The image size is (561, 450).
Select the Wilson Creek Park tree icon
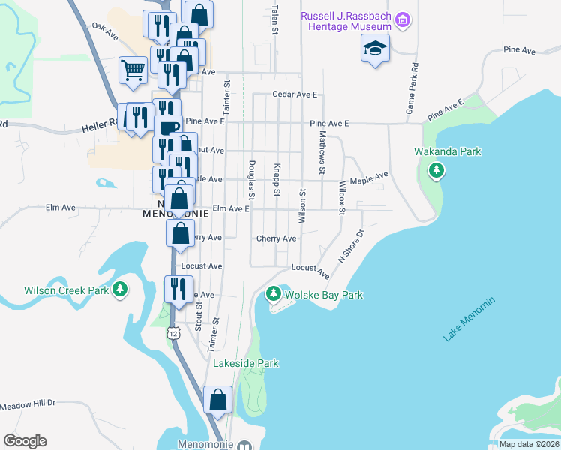click(119, 289)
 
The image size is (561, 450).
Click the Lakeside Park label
click(246, 363)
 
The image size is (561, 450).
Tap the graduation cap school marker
click(374, 49)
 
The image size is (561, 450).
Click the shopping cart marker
click(133, 70)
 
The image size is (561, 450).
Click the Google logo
click(25, 440)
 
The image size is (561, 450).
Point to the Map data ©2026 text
click(529, 444)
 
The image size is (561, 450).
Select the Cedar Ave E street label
click(295, 94)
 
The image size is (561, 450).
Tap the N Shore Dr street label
click(350, 245)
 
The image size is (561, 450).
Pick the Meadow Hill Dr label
click(28, 403)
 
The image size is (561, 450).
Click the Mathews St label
click(322, 152)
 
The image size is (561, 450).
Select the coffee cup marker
click(168, 127)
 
